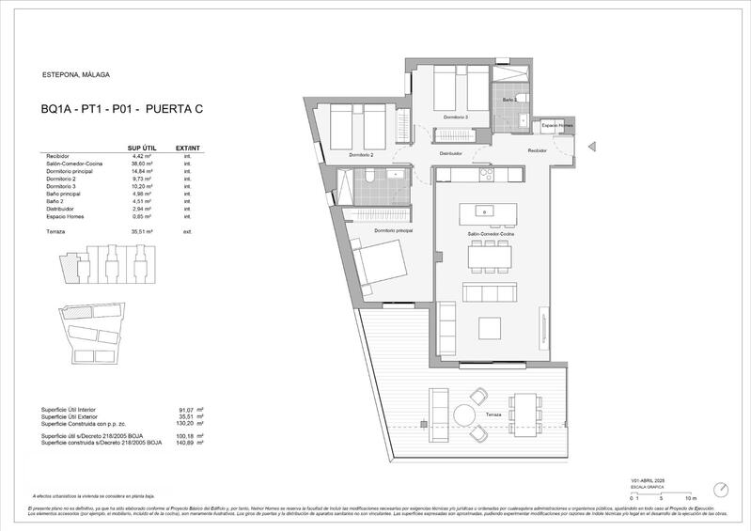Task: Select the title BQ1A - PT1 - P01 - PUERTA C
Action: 122,110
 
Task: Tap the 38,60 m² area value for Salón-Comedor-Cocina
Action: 139,164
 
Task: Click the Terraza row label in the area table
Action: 55,230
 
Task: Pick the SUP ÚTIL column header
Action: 141,148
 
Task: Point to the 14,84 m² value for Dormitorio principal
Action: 139,172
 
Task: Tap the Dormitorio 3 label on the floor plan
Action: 454,117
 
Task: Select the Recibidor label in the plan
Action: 537,150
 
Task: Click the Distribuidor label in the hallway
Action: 450,153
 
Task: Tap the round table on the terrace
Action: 465,414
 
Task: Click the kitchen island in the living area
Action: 485,210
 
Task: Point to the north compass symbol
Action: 720,490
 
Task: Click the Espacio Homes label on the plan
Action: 556,125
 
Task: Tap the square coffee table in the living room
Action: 491,328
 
